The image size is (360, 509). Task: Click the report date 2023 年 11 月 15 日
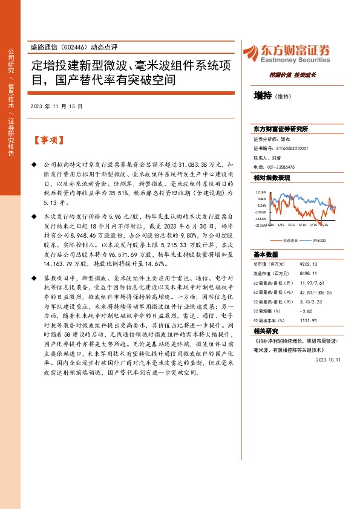coord(56,106)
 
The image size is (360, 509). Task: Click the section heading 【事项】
coord(49,140)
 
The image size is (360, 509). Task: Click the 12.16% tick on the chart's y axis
coord(261,192)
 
